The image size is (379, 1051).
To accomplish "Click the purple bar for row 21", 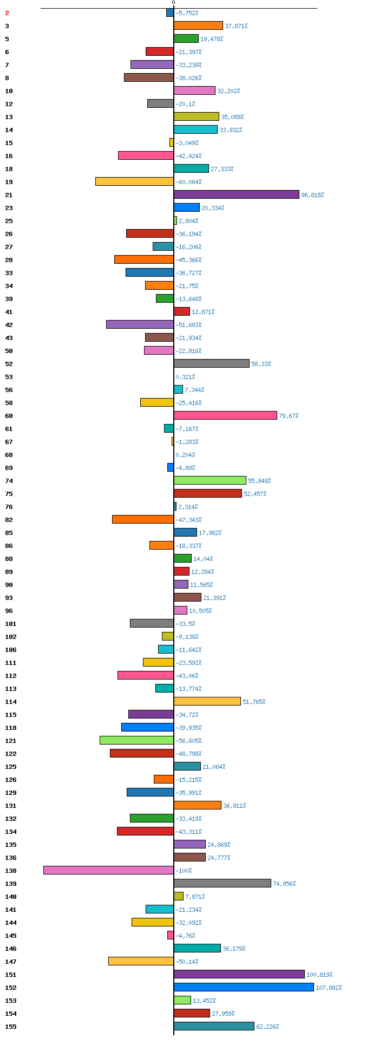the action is coord(237,194).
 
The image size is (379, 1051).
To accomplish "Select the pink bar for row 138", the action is coord(109,870).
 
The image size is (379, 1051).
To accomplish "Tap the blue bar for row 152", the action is coord(244,987).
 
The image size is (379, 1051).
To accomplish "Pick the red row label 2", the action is coord(7,13).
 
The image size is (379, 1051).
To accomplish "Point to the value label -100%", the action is coord(184,871).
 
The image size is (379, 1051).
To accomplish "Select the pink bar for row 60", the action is coord(225,415).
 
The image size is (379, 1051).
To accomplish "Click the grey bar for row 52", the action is coord(212,363).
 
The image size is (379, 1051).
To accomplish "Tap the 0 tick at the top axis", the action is coord(174,3).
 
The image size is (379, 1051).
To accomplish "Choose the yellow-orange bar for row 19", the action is coord(135,181).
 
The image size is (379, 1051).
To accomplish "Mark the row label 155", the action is coord(11,1027).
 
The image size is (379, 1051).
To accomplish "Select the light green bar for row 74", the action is coord(210,480).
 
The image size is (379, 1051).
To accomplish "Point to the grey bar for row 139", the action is coord(223,883).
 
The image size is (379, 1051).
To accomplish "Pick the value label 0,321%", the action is coord(185,377).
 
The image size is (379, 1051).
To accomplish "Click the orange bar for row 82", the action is coord(143,519).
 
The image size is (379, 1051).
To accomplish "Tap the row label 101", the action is coord(11,624).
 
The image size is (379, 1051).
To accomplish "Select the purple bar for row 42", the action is coord(140,324).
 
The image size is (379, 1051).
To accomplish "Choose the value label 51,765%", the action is coord(254,702).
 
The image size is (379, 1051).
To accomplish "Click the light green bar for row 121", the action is coord(137,740).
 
